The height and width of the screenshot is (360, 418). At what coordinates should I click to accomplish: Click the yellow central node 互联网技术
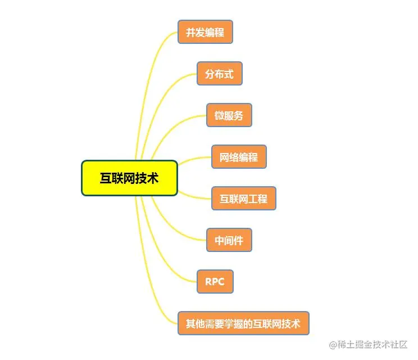point(129,178)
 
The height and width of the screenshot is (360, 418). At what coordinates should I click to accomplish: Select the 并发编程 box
point(205,32)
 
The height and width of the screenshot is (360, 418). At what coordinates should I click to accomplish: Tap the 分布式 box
point(219,74)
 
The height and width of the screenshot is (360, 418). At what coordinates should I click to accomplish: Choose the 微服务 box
point(229,115)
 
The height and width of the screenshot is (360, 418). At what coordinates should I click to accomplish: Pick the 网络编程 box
point(239,157)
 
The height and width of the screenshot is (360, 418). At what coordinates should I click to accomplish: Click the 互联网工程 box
point(244,199)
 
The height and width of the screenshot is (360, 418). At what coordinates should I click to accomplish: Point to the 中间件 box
point(229,240)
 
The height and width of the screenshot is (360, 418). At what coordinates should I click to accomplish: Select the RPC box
point(215,282)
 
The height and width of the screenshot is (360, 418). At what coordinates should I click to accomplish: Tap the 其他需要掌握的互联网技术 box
point(243,323)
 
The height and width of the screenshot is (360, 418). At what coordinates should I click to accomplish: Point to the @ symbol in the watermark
point(333,344)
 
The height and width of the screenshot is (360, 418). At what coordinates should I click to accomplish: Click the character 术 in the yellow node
point(152,178)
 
